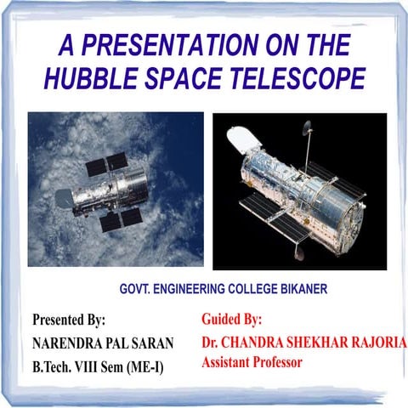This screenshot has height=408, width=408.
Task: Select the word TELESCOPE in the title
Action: pyautogui.click(x=297, y=78)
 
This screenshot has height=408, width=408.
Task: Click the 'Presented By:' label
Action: pyautogui.click(x=68, y=320)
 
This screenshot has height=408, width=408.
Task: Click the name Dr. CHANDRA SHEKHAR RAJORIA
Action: pyautogui.click(x=303, y=342)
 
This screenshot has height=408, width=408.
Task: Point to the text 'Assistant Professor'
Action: pyautogui.click(x=252, y=362)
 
